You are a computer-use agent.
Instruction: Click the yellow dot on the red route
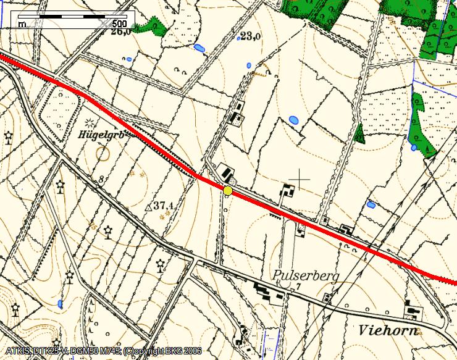click(x=228, y=191)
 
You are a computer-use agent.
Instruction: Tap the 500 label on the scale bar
click(x=120, y=24)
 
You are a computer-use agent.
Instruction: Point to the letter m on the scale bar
click(x=22, y=24)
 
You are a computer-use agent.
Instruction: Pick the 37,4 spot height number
click(x=162, y=205)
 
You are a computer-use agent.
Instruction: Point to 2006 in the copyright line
click(x=191, y=352)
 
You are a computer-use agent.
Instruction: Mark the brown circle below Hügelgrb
click(x=103, y=152)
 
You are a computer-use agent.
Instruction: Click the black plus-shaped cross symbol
click(x=300, y=179)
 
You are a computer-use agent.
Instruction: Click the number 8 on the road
click(x=100, y=179)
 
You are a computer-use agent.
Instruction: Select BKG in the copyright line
click(x=169, y=352)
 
